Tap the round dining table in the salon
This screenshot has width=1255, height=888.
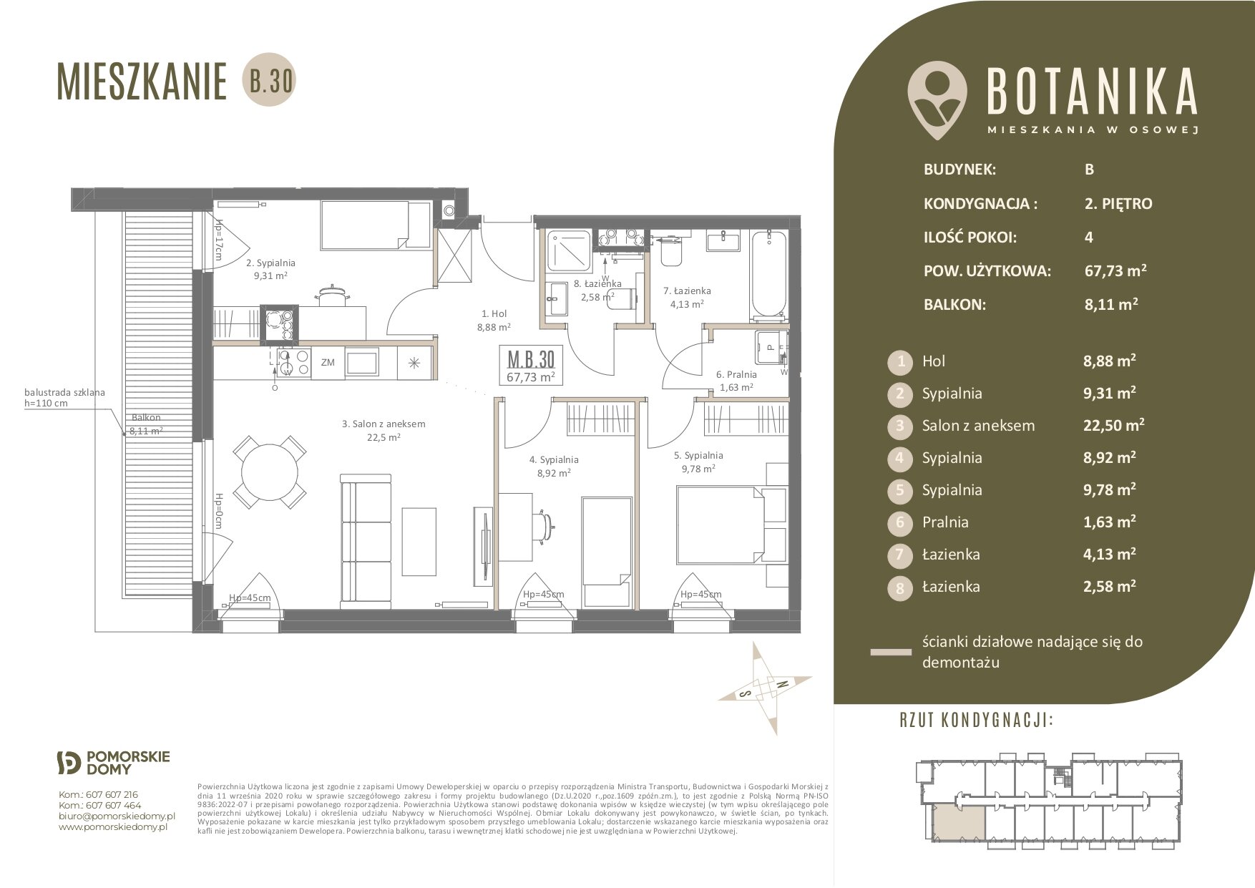click(x=270, y=472)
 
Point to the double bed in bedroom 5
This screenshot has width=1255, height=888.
click(x=721, y=524)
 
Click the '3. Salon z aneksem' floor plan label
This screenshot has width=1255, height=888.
click(x=384, y=424)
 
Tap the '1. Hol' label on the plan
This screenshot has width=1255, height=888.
click(x=494, y=313)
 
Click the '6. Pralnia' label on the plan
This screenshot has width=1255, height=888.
click(x=736, y=374)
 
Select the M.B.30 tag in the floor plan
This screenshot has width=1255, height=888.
click(x=530, y=366)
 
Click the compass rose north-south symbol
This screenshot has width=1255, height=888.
click(x=766, y=688)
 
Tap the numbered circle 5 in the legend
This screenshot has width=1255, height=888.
click(x=900, y=490)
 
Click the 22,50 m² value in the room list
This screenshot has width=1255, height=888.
click(x=1113, y=425)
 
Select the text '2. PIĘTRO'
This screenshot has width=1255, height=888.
click(x=1118, y=204)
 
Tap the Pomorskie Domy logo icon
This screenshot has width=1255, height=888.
click(x=69, y=763)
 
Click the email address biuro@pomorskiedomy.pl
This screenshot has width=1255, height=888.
click(x=117, y=816)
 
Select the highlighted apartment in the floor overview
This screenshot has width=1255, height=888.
click(x=961, y=821)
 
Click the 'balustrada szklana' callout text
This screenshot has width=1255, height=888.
click(x=64, y=392)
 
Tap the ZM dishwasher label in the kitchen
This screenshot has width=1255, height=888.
click(x=328, y=363)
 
